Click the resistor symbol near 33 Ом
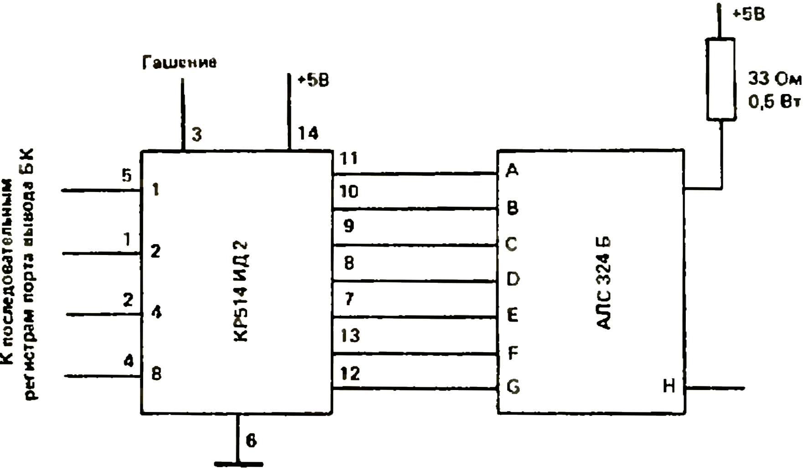tap(721, 79)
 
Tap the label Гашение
tap(179, 63)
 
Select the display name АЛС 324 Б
tap(603, 282)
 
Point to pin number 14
tap(308, 133)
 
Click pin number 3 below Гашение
tap(197, 135)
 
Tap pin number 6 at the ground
tap(251, 441)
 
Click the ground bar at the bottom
tap(238, 464)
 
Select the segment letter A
tap(512, 170)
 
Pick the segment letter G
tap(513, 387)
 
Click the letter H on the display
tap(669, 386)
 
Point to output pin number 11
tap(349, 159)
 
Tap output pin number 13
tap(350, 336)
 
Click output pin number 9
tap(349, 225)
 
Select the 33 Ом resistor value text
tap(774, 79)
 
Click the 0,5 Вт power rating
tap(774, 101)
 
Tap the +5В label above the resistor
tap(749, 14)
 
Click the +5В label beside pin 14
tap(313, 80)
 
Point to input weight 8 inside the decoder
tap(156, 374)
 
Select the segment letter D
tap(513, 279)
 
